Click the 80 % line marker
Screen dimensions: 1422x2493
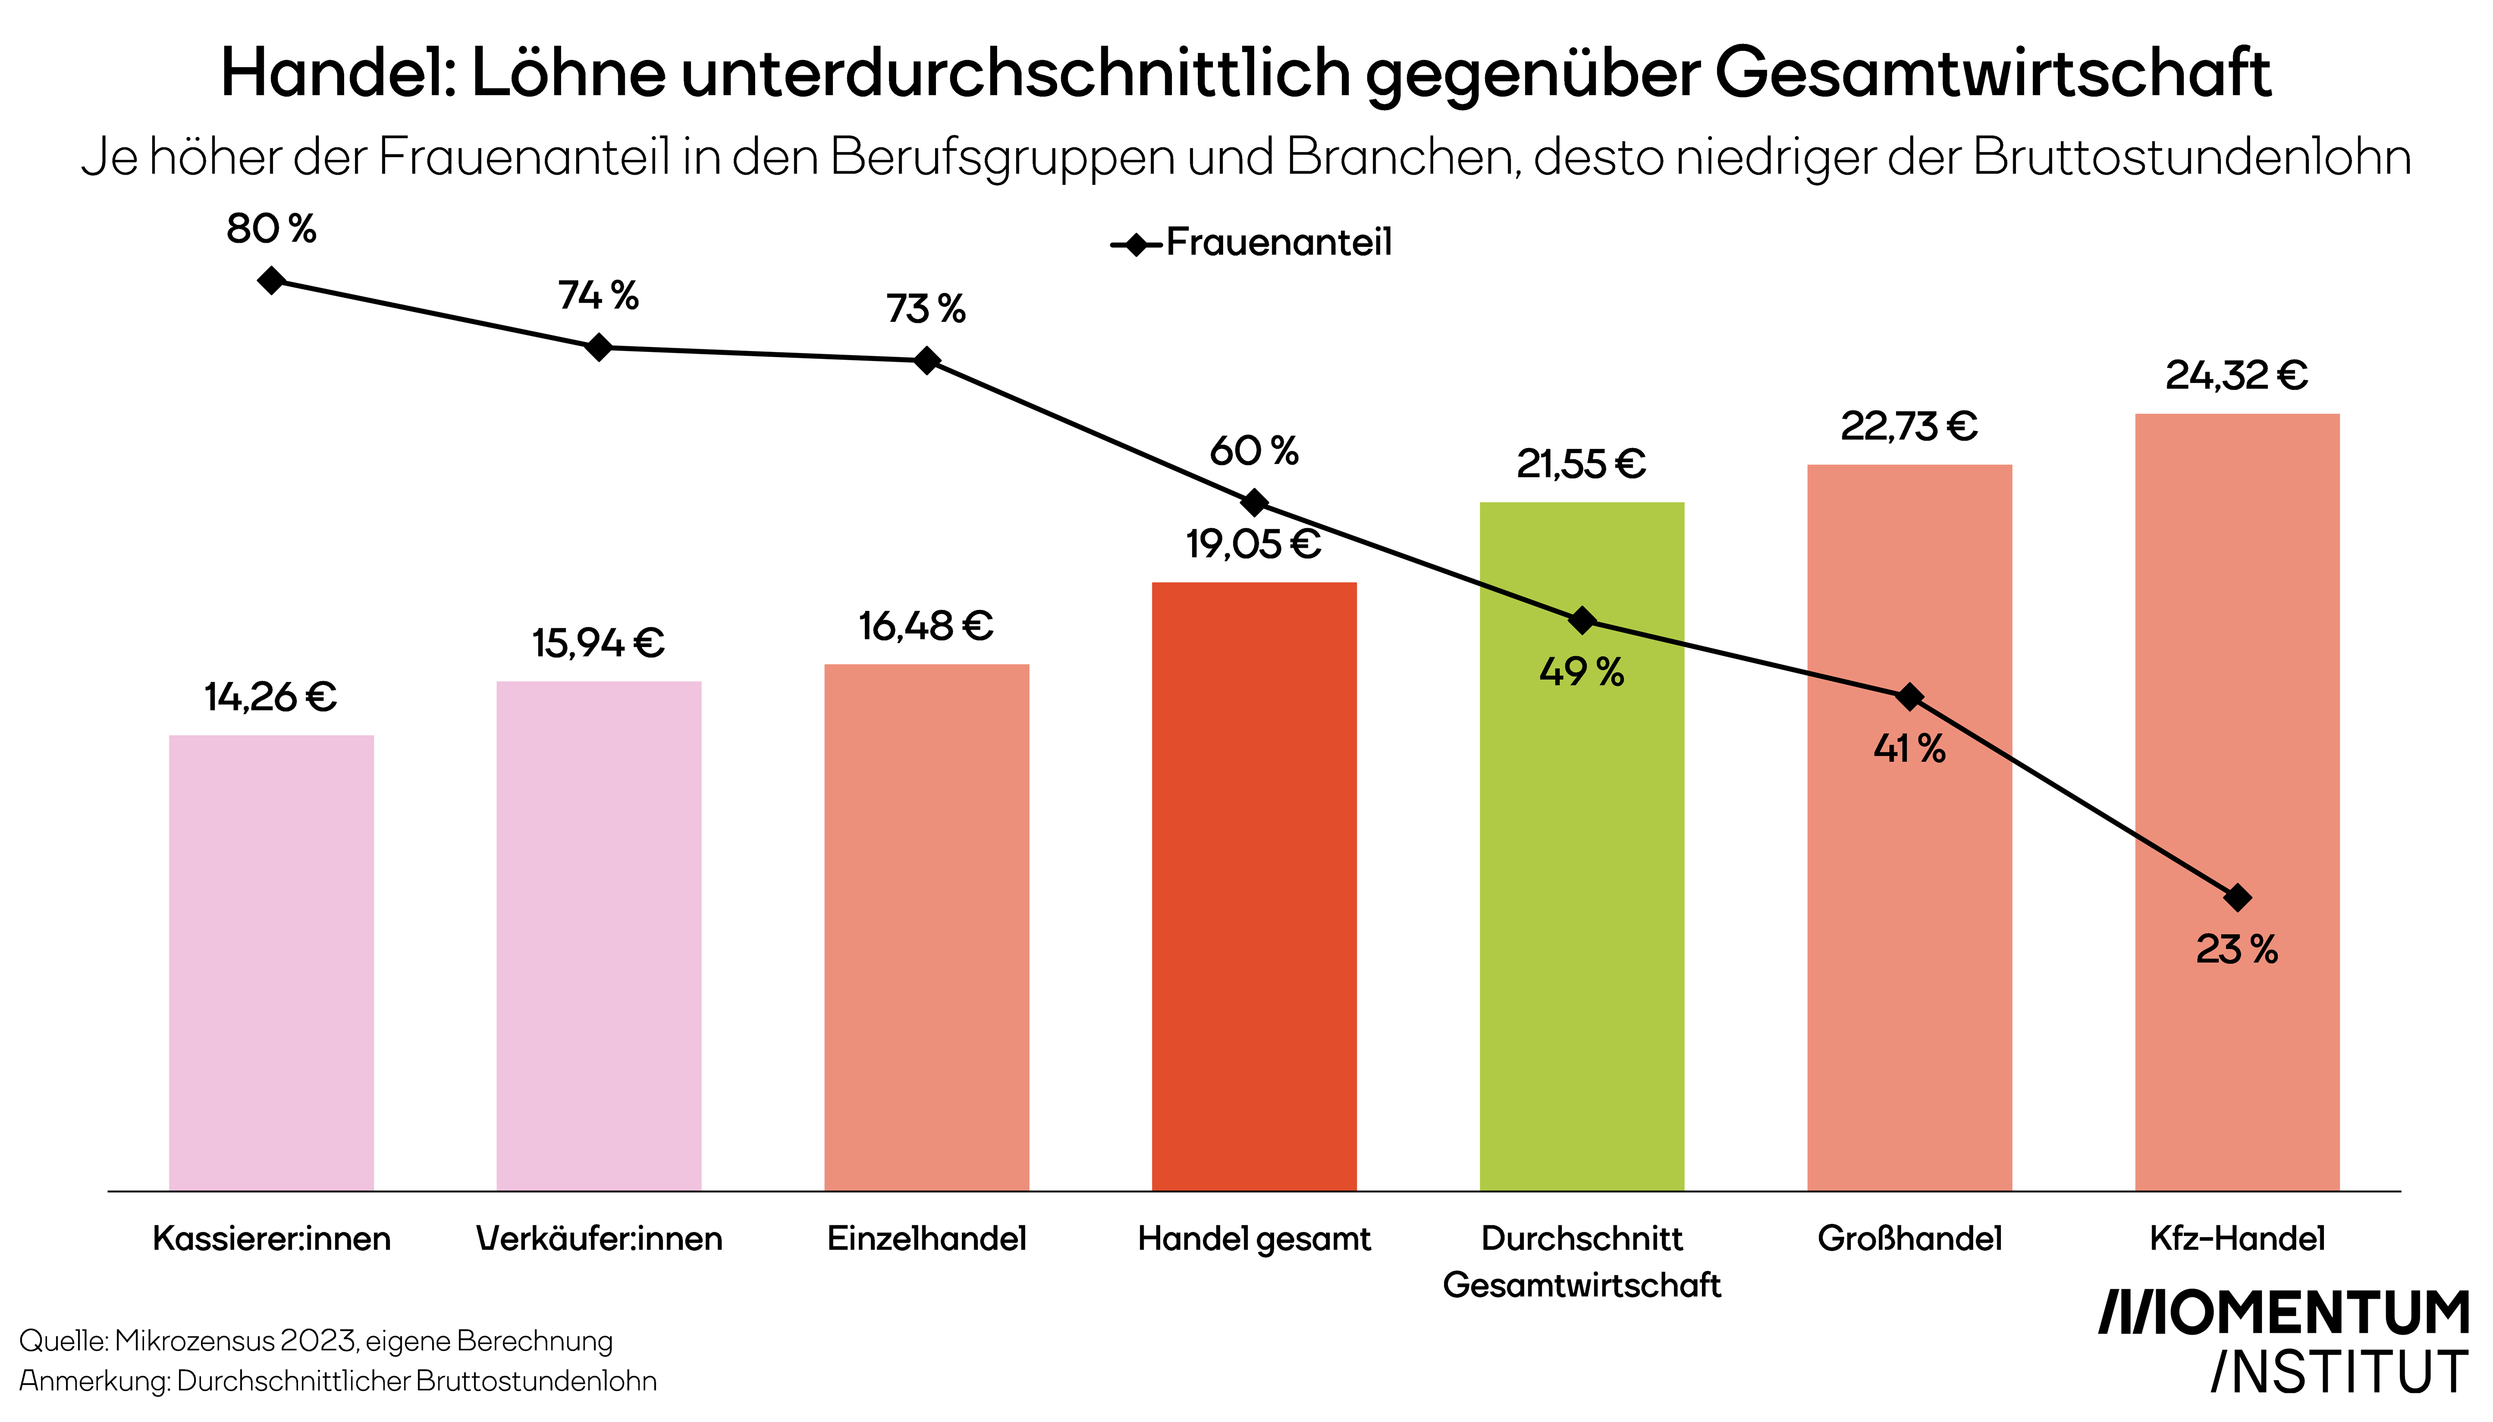[x=272, y=281]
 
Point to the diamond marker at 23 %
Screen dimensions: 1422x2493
[x=2237, y=896]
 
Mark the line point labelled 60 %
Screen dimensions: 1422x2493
[x=1254, y=503]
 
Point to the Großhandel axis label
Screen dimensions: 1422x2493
[x=1909, y=1238]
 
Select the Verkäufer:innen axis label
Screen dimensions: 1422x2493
[x=599, y=1238]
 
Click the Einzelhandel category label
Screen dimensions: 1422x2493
[x=926, y=1238]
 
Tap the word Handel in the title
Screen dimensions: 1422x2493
[x=337, y=73]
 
